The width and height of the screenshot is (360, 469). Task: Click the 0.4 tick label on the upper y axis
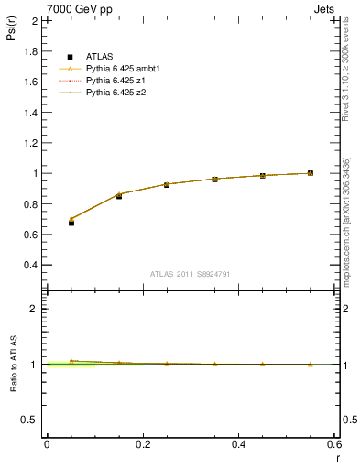(x=32, y=265)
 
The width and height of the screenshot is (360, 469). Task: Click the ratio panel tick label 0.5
(x=30, y=420)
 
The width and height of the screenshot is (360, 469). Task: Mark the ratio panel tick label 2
(x=33, y=309)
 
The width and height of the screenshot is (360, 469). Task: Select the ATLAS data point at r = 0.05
(x=71, y=222)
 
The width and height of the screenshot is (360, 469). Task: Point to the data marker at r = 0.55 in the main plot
(x=311, y=173)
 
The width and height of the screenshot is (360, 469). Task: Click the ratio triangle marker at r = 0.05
(x=71, y=361)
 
